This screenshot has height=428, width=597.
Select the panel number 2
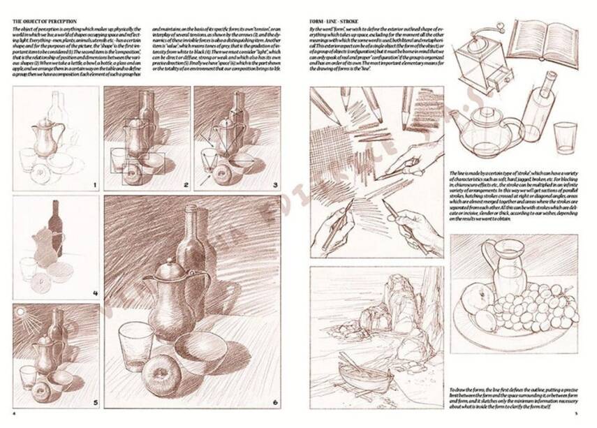pos(186,185)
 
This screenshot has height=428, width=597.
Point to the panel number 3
pos(275,185)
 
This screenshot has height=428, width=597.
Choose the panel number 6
pos(275,402)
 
